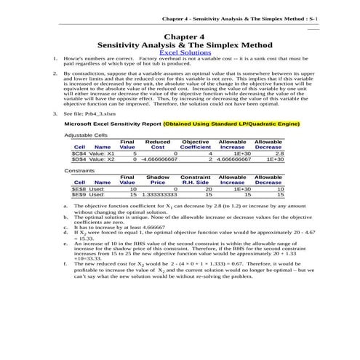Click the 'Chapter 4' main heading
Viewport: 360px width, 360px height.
point(180,35)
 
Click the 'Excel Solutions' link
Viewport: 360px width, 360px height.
point(180,53)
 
